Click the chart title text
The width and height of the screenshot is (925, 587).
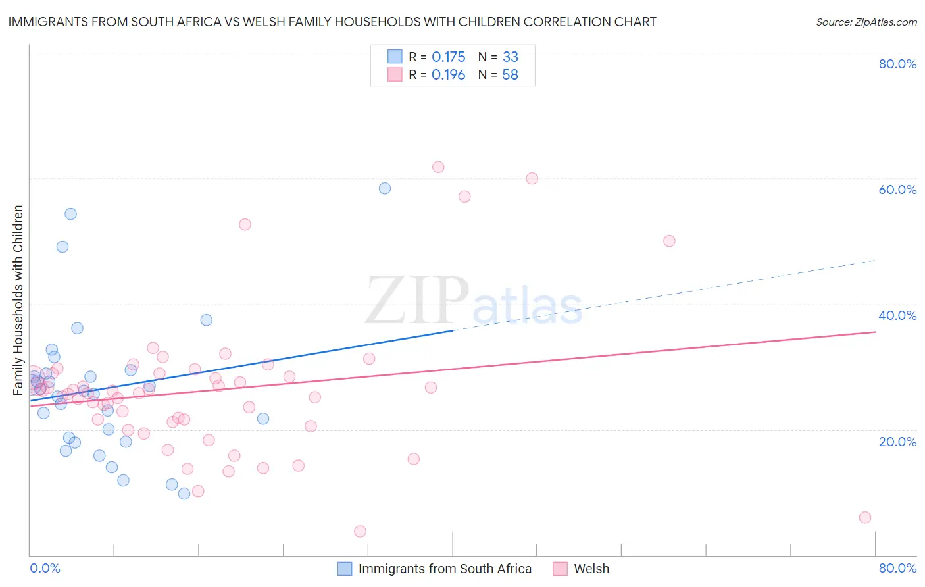(x=332, y=22)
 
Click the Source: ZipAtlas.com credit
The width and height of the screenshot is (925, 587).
(x=866, y=22)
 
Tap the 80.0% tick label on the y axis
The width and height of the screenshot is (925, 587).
(x=897, y=64)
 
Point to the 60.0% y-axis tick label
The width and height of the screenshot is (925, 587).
(x=897, y=190)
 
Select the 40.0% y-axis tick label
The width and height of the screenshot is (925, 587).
(x=897, y=315)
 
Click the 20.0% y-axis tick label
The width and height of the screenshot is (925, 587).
(x=897, y=442)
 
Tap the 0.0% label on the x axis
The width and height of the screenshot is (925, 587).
(x=45, y=568)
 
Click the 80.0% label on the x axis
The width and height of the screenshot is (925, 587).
(x=897, y=568)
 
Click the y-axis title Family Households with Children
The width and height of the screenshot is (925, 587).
(x=18, y=300)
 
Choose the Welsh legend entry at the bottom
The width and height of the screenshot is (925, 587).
(x=591, y=569)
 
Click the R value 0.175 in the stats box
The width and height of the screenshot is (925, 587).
(x=449, y=57)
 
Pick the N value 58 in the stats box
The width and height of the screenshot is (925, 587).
(x=511, y=75)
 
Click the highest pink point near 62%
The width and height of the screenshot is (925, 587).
(x=438, y=167)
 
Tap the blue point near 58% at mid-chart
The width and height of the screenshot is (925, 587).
(x=385, y=188)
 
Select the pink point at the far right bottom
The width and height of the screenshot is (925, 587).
(x=865, y=517)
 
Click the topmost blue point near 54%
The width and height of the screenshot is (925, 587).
(x=70, y=214)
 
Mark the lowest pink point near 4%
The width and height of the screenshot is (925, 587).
(x=360, y=531)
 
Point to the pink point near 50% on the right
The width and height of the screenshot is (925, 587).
(x=669, y=241)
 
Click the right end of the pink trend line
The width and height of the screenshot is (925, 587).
(x=875, y=332)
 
